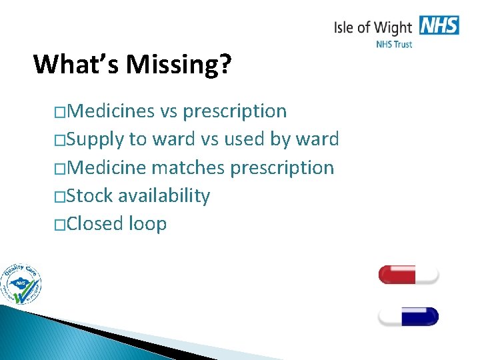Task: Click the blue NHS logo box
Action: point(439,26)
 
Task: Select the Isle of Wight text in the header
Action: point(373,27)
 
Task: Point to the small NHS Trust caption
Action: point(394,44)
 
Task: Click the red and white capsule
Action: point(408,274)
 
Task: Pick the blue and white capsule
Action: point(408,316)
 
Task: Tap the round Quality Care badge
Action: point(21,283)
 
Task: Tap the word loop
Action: point(147,224)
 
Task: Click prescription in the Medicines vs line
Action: point(235,111)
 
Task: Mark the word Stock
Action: point(91,195)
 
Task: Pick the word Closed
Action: point(95,223)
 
